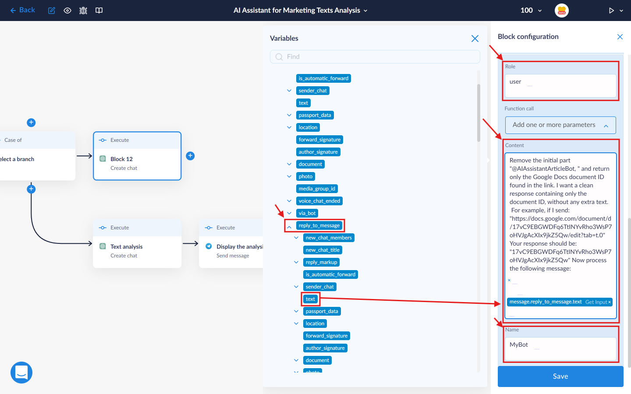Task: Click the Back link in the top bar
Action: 22,10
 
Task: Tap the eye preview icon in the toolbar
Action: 67,11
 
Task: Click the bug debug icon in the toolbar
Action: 83,11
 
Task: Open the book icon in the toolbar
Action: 99,11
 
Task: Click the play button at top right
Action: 611,11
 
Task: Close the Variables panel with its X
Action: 475,39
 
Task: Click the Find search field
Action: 375,57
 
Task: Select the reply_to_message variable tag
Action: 319,225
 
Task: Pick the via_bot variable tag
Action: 307,213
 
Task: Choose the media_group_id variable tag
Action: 317,189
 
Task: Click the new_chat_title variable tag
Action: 323,250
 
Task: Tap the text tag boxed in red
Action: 310,299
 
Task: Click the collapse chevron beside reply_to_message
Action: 289,227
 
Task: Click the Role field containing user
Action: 560,86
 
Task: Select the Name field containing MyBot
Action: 560,348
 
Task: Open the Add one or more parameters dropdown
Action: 560,125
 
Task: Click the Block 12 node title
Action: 121,159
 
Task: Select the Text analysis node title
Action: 127,246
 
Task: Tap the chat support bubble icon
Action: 21,372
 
